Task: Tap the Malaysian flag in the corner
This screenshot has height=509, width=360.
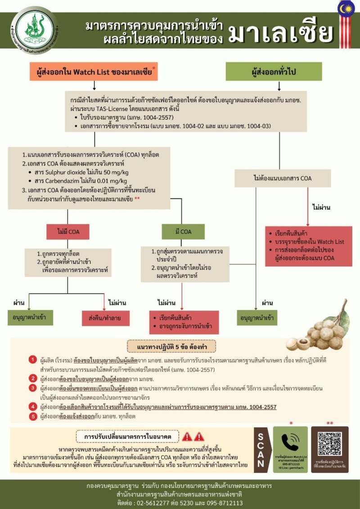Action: click(x=347, y=10)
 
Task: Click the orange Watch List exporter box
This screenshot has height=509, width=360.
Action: click(x=94, y=72)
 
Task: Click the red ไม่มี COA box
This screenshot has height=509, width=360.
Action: click(x=67, y=232)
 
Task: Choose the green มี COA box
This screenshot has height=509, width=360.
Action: click(x=183, y=232)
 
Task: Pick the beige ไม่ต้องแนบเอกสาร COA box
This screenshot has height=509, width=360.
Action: click(x=282, y=178)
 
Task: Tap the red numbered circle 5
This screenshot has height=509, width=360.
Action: click(x=32, y=416)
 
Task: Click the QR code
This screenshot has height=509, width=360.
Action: click(x=330, y=443)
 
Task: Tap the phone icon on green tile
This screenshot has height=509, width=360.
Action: click(x=290, y=442)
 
